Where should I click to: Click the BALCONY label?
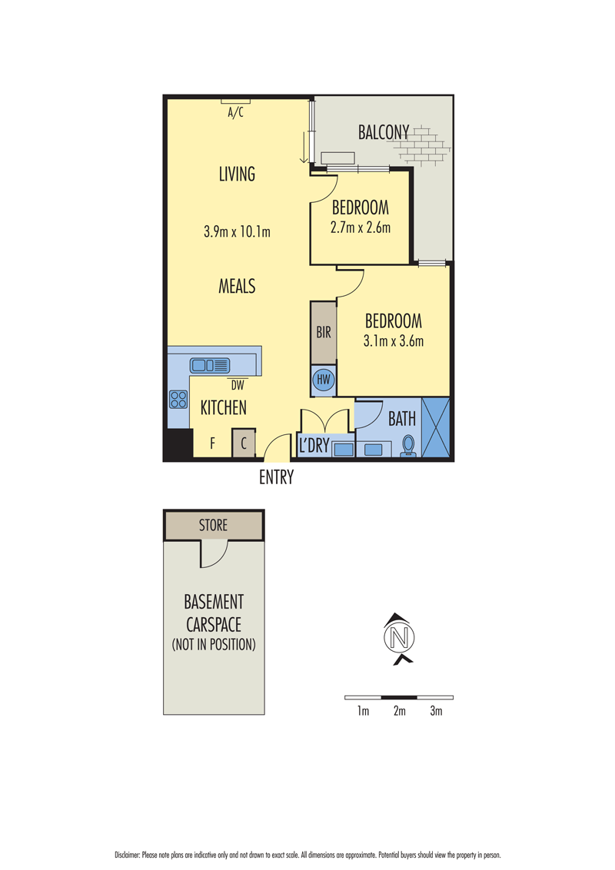[384, 132]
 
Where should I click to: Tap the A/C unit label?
[235, 113]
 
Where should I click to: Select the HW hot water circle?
[323, 380]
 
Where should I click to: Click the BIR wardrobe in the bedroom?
[324, 332]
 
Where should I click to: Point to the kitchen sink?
[209, 365]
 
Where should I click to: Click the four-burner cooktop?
[178, 400]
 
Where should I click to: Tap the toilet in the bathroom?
[408, 446]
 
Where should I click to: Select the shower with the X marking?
[436, 427]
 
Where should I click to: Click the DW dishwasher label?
[238, 386]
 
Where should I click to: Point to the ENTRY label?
[277, 477]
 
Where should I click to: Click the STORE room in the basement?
[214, 525]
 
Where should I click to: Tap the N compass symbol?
[399, 637]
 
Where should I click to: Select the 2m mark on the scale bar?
[400, 711]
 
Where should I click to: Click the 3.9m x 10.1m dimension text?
[237, 231]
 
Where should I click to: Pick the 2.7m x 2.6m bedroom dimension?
[361, 227]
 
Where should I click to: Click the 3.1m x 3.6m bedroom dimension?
[394, 340]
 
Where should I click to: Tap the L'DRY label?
[314, 446]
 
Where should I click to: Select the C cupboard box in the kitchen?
[244, 443]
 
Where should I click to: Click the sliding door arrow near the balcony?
[304, 148]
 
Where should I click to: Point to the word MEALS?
[237, 287]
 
